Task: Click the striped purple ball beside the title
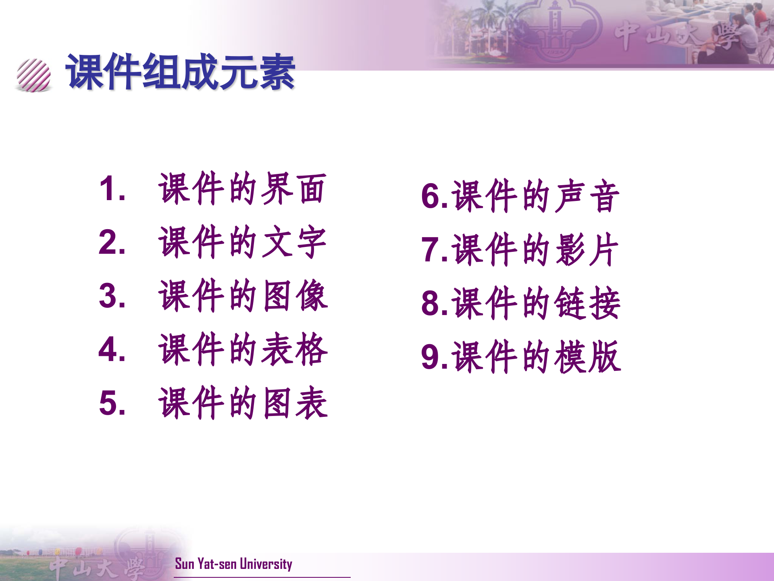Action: click(x=34, y=75)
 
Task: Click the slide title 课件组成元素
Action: click(x=181, y=72)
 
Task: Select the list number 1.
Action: click(x=109, y=188)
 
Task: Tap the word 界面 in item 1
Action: click(x=293, y=188)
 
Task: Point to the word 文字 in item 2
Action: click(x=293, y=242)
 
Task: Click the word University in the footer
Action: click(x=266, y=564)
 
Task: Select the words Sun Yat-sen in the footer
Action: click(x=206, y=564)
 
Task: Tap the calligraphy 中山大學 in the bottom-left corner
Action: click(x=97, y=567)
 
